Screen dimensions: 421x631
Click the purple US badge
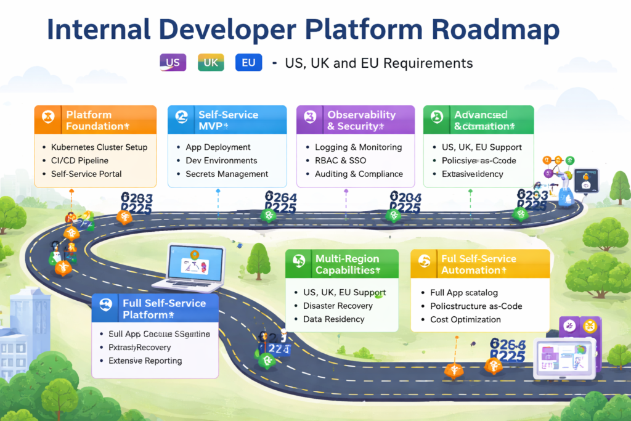point(173,62)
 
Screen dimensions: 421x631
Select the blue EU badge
point(249,62)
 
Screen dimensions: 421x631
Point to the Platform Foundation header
point(96,120)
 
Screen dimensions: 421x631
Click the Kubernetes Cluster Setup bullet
point(99,147)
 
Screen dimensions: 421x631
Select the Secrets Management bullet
point(227,174)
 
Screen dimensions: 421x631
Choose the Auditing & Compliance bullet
point(359,174)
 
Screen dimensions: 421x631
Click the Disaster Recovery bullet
point(338,306)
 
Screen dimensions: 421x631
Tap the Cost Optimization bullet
point(465,319)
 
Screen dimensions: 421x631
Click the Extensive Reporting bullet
point(145,361)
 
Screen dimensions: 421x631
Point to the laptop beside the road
point(197,266)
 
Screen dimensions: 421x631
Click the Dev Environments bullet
point(221,160)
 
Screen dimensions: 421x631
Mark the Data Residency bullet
point(333,319)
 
